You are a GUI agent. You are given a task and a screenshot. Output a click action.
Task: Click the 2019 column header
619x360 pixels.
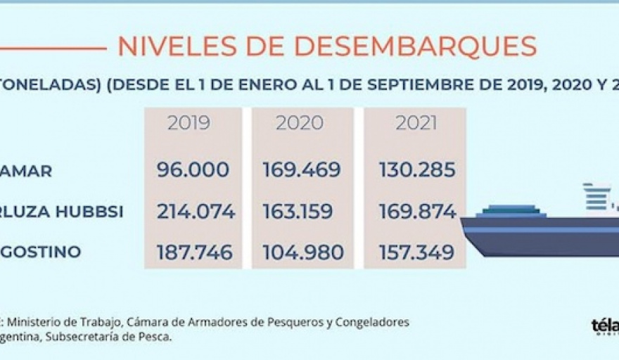pos(189,123)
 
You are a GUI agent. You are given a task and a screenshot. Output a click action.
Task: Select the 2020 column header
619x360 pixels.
pos(299,123)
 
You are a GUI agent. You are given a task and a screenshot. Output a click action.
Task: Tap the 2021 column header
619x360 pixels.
pos(416,123)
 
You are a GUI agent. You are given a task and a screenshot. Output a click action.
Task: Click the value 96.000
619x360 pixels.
pos(194,170)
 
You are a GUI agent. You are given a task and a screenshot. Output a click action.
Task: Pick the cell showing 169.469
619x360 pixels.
pos(302,170)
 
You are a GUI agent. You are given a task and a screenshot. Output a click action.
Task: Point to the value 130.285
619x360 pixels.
pos(416,170)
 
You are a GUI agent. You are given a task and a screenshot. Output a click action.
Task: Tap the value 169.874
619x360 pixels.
pos(416,212)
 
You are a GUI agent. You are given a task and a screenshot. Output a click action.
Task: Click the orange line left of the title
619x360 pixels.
pos(53,49)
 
